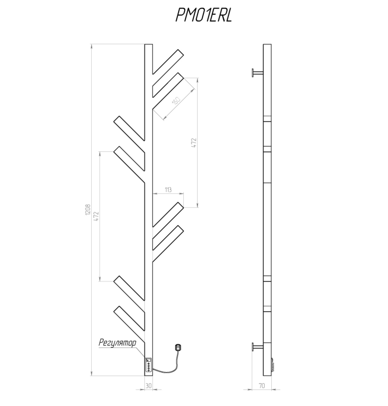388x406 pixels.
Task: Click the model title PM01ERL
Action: click(x=204, y=15)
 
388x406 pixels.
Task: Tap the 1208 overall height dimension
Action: click(x=88, y=210)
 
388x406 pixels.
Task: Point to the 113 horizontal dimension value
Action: click(x=168, y=190)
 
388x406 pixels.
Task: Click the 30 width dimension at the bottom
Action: click(x=148, y=386)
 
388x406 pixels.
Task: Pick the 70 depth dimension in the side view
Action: click(x=262, y=386)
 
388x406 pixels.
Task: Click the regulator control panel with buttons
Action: click(x=148, y=367)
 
